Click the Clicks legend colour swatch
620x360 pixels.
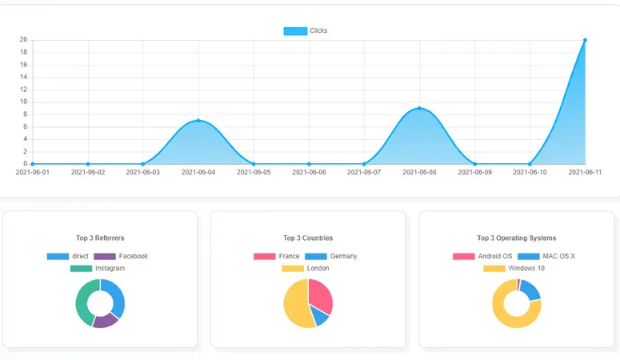pos(295,31)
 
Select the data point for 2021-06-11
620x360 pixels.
pos(586,40)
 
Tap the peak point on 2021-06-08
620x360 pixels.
pos(419,108)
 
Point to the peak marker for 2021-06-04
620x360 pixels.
pos(198,121)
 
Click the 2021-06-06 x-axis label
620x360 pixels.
pos(309,172)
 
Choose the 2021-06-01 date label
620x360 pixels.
pos(33,172)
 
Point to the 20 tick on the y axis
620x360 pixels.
pos(23,39)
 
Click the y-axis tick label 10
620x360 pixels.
pos(23,102)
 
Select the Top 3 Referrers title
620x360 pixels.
pos(100,238)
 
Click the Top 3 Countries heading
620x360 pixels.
pos(308,238)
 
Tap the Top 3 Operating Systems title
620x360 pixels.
pos(517,238)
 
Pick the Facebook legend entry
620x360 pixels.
pos(121,256)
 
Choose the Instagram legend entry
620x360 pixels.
pos(98,268)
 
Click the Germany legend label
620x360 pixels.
pos(331,256)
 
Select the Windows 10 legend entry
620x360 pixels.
pos(514,268)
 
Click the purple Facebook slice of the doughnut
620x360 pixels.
pos(105,321)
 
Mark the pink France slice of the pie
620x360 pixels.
pos(321,296)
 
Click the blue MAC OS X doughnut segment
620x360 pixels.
pos(530,290)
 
